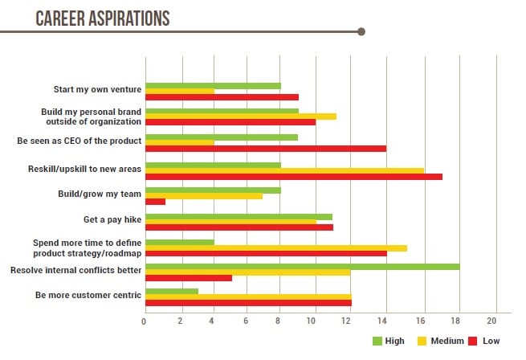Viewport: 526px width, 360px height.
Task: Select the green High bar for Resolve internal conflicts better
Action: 302,266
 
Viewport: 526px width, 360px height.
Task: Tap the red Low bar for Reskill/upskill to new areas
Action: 293,176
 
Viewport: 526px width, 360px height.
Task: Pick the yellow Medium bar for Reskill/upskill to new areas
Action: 284,170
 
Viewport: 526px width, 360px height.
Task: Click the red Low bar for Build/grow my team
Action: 155,201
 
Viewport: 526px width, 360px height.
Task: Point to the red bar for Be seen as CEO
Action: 265,148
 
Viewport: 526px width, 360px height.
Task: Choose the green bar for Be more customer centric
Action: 171,290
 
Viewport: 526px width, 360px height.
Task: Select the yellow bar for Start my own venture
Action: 179,92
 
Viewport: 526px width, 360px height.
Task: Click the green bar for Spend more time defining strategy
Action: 179,242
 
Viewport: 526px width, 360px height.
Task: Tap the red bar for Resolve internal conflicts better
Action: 188,278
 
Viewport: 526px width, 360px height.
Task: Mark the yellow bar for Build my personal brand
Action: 240,117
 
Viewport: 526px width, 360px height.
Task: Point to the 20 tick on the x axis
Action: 496,321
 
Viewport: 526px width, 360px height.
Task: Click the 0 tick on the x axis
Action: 144,321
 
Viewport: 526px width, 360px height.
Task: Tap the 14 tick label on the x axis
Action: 387,321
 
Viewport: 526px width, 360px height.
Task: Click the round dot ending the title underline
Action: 361,32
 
